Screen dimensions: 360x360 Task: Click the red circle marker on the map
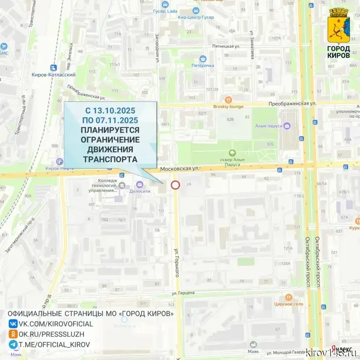[175, 185]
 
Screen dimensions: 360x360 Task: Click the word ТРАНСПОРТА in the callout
[110, 159]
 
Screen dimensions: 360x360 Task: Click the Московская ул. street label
[179, 169]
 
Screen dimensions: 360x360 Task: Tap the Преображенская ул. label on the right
[292, 104]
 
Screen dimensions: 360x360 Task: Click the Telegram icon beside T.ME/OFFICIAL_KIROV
[13, 345]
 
